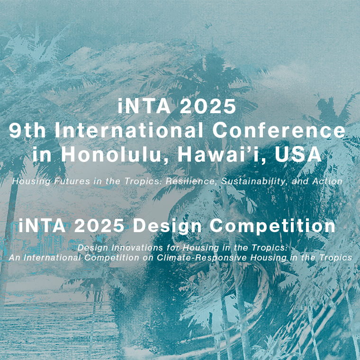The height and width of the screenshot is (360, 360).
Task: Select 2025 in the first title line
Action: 208,106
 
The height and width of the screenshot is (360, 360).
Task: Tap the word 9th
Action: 27,130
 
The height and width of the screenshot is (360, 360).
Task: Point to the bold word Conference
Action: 279,130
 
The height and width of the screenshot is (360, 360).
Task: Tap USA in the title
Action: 298,154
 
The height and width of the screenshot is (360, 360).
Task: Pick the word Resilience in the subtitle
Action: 191,181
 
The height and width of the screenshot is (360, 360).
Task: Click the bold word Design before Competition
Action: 167,226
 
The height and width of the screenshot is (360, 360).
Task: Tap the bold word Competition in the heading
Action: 272,226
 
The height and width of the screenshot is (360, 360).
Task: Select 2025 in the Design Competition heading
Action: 99,225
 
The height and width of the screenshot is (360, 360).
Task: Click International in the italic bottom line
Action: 52,258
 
